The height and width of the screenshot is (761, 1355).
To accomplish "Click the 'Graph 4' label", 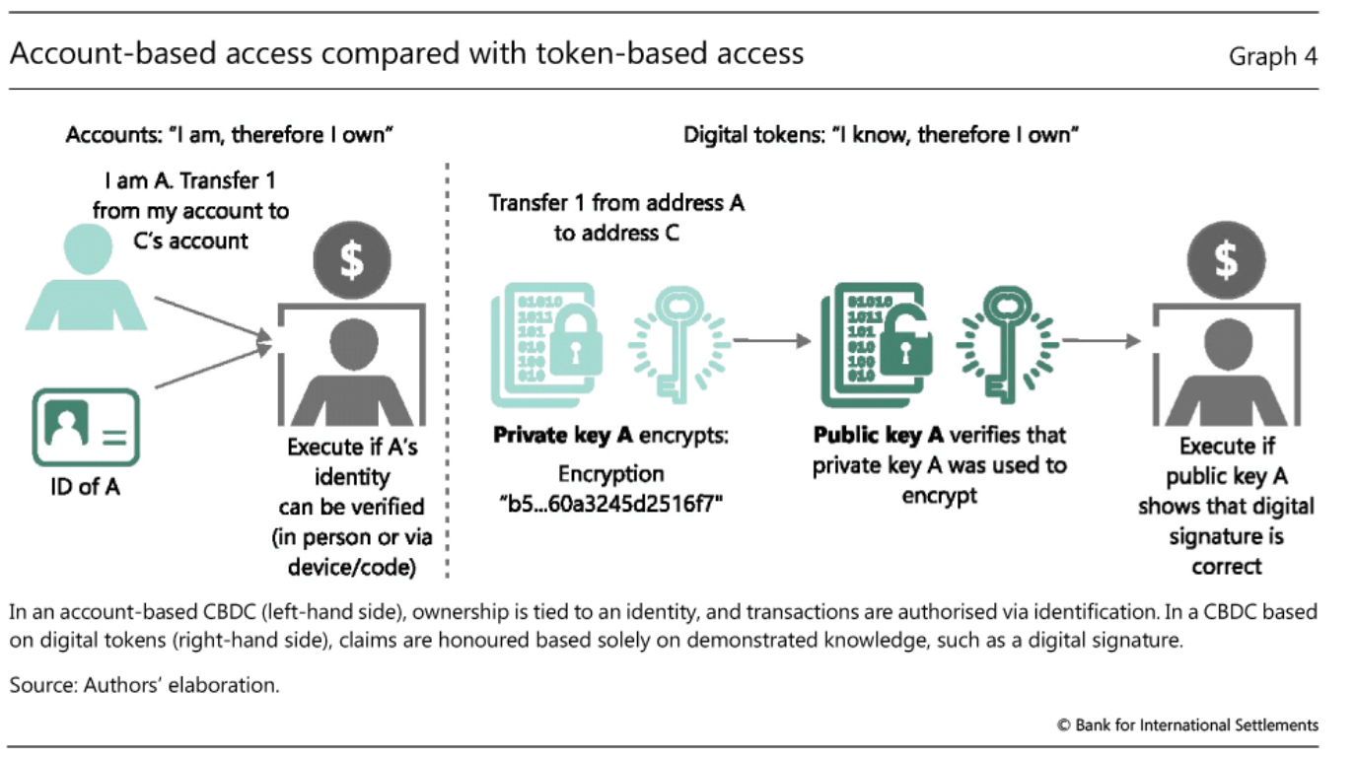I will pos(1272,56).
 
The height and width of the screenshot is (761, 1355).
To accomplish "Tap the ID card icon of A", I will pos(86,428).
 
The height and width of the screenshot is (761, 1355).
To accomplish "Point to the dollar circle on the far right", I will pos(1226,260).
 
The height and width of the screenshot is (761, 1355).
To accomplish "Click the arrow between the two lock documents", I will pos(770,340).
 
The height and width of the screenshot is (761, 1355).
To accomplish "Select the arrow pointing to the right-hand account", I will pos(1100,340).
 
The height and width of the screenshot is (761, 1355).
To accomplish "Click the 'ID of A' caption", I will pos(86,486).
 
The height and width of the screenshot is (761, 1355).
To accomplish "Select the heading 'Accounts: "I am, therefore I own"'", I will pos(230,135).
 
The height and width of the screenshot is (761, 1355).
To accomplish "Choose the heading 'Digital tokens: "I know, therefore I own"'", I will pos(881,135).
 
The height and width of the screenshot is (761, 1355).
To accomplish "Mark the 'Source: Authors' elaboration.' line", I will pos(145,685).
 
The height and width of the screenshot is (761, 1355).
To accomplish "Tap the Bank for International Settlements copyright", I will pos(1187,725).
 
